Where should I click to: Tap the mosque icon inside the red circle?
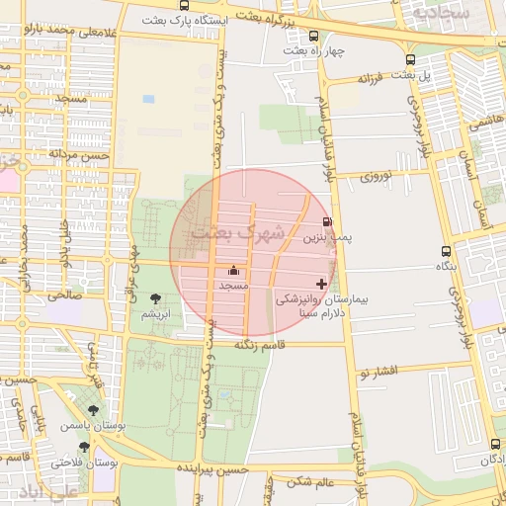click(x=234, y=270)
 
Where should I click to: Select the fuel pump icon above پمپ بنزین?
click(x=327, y=223)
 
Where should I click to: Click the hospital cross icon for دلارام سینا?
click(x=321, y=284)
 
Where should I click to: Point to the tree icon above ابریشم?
click(x=155, y=298)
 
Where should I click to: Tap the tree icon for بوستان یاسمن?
click(x=93, y=409)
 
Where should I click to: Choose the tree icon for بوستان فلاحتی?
click(x=84, y=447)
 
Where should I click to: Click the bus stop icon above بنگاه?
click(x=447, y=251)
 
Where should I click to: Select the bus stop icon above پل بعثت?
click(x=411, y=59)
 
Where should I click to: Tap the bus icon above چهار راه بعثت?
click(x=315, y=36)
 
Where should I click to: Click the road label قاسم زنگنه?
click(x=260, y=345)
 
